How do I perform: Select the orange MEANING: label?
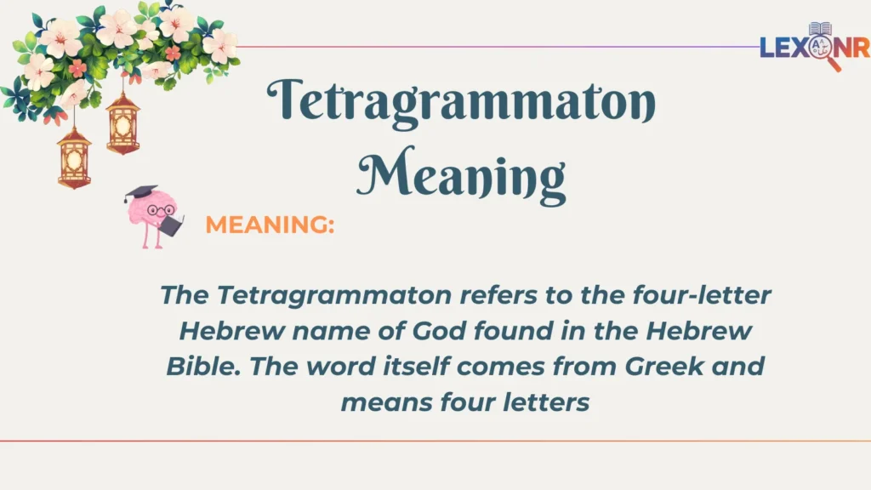click(270, 225)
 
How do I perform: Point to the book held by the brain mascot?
click(173, 225)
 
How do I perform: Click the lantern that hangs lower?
click(74, 157)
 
